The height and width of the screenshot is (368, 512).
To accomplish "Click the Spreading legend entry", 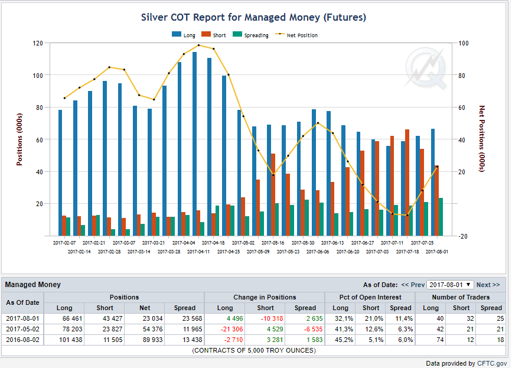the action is coord(251,35).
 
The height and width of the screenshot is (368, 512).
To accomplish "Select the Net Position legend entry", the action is coord(296,35).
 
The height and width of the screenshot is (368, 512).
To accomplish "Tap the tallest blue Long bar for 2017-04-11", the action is coord(195,144).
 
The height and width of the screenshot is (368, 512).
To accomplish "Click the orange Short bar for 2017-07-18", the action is coord(407,183).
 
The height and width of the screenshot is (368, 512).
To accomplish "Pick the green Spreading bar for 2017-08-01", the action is coord(441,217).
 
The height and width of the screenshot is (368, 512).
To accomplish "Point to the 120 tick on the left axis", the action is coord(38,43).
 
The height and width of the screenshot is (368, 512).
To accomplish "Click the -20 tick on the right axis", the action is coord(463,236).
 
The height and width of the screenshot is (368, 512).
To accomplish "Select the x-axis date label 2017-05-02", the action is coord(243,243).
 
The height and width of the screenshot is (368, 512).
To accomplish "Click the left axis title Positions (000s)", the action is coord(19,140).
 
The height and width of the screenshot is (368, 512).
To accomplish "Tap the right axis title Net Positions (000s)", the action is coord(482,138).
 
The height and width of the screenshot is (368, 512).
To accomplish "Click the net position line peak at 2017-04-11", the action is coord(199,45).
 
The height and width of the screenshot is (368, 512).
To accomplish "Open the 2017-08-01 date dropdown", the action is coord(450,285).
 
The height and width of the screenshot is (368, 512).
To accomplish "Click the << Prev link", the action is coord(413,285).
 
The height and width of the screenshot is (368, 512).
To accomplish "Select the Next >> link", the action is coord(488,285).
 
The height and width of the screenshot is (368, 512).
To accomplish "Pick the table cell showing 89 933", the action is coord(152,340).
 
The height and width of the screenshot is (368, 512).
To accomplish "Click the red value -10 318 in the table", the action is coord(272,318).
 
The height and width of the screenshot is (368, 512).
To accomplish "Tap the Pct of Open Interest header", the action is coord(370,297).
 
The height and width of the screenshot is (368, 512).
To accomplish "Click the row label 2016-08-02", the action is coord(22,340).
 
